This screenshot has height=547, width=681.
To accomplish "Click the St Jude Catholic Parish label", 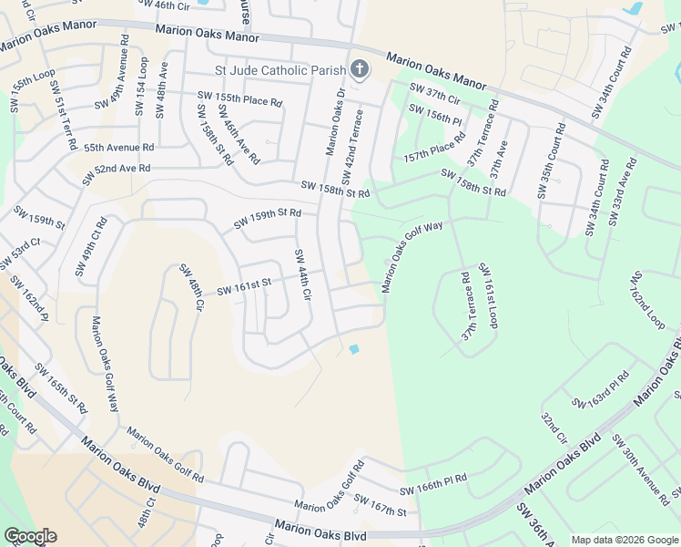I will [280, 70].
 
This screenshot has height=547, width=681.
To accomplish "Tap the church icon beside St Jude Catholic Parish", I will [359, 69].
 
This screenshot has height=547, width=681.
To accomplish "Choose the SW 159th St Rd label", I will [267, 219].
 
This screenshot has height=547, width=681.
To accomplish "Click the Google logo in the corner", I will [30, 536].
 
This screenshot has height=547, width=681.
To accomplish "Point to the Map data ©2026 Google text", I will [624, 540].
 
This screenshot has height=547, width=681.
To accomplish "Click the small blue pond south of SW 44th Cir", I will [354, 349].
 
